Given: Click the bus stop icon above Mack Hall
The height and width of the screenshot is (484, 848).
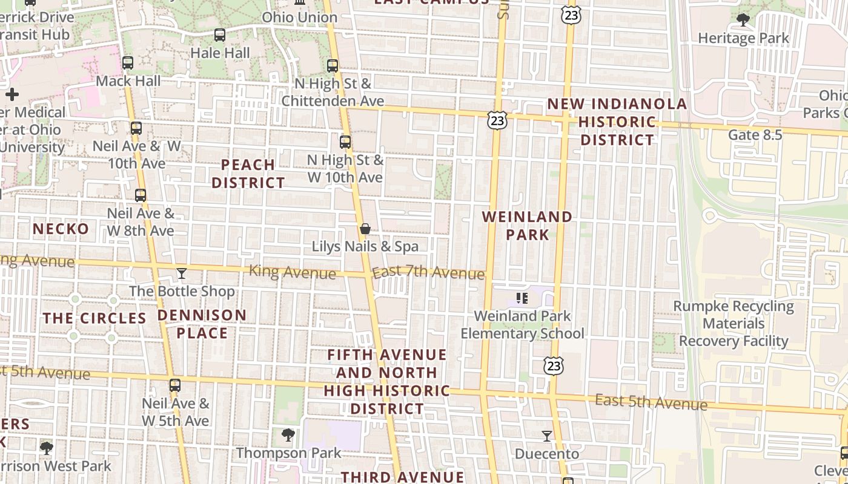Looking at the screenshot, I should click(x=127, y=63).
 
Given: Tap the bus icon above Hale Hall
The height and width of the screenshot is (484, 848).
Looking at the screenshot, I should click(x=220, y=35).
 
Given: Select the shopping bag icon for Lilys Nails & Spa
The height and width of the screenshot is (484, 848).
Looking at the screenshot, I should click(x=365, y=229).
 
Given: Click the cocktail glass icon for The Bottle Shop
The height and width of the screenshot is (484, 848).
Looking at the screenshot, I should click(x=181, y=273).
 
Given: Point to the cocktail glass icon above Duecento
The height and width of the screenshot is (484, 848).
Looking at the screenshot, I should click(x=547, y=436).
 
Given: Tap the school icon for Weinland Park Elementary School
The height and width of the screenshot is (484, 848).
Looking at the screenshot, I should click(x=522, y=298).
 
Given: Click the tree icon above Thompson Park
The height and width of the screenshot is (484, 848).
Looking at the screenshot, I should click(x=288, y=434).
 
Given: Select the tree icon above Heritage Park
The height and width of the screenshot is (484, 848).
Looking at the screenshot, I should click(x=743, y=20).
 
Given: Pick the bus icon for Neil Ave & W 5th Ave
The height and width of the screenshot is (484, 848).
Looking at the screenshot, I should click(x=175, y=385).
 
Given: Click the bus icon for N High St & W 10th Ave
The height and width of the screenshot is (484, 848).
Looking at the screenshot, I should click(x=345, y=142).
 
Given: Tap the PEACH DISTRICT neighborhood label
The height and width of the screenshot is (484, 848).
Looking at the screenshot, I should click(x=248, y=173).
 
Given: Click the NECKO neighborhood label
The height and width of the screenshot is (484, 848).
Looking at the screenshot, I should click(x=61, y=229).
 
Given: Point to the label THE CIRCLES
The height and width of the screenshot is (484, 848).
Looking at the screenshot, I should click(x=94, y=318).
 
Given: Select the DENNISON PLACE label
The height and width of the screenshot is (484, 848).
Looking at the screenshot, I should click(x=202, y=324).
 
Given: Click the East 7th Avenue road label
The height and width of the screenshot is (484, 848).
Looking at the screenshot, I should click(x=428, y=273).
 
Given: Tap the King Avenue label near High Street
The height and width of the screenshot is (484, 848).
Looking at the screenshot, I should click(x=292, y=272).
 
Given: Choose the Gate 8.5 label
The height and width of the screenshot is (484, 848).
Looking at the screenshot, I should click(x=755, y=134).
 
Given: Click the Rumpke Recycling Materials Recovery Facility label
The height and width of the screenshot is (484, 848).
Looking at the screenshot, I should click(x=734, y=324).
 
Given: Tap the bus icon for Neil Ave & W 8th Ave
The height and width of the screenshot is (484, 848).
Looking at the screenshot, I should click(x=141, y=195).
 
